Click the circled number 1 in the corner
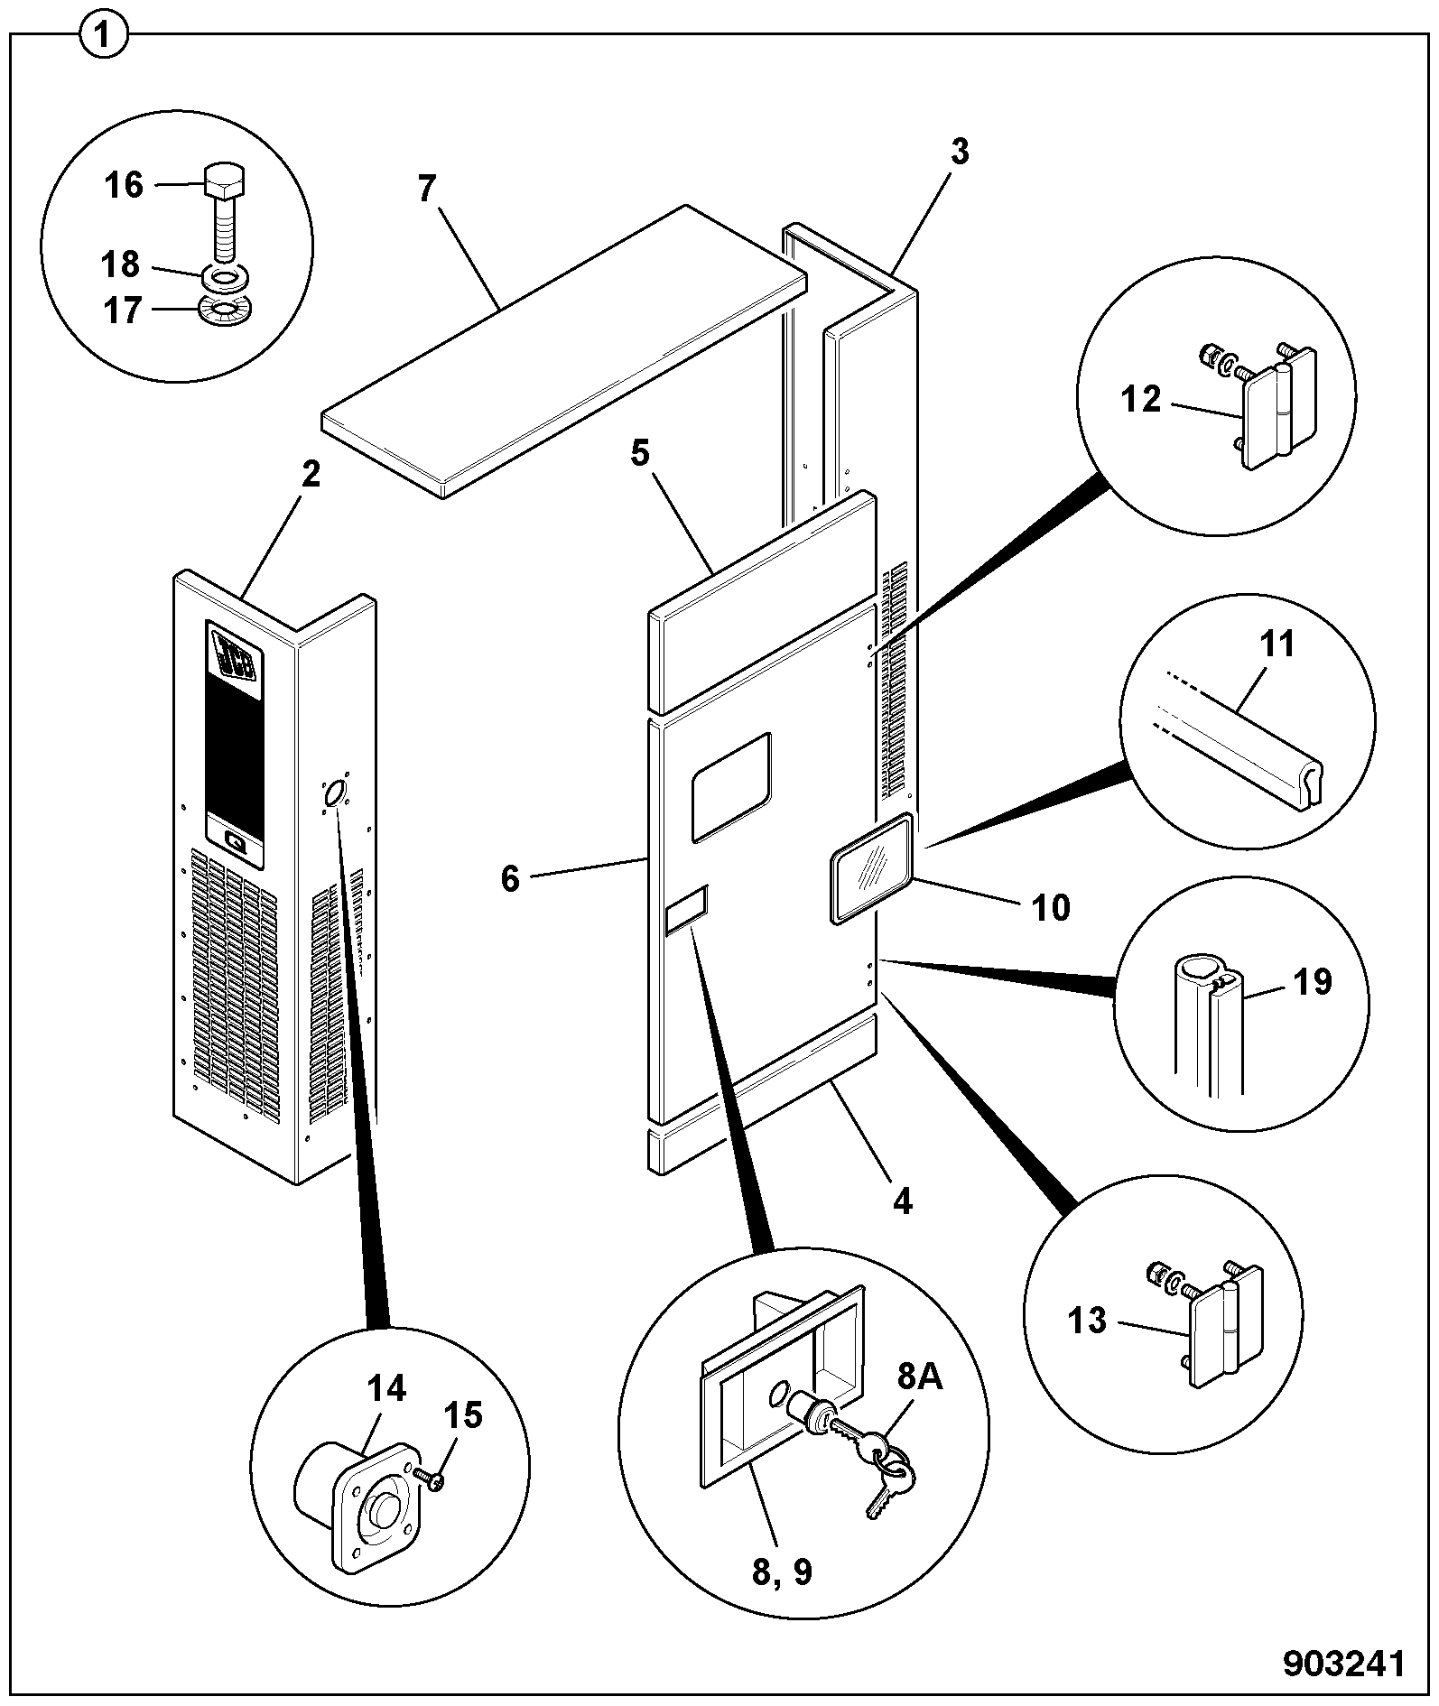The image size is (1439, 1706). point(104,36)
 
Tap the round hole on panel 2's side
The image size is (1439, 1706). point(335,794)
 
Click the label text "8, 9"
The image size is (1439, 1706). point(782,1572)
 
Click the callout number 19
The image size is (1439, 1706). point(1313,981)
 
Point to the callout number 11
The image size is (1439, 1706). point(1277,644)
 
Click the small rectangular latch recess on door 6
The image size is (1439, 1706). point(686,909)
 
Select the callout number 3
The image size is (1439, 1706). point(959,153)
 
